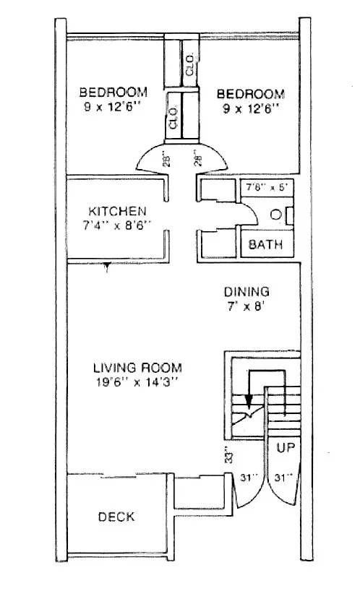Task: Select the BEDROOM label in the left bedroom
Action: [x=113, y=92]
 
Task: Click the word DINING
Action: [x=246, y=292]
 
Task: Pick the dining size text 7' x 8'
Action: [x=246, y=306]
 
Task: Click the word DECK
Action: [x=116, y=517]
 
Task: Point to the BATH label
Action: [x=266, y=245]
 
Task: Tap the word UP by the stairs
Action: [x=285, y=447]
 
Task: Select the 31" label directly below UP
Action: [x=285, y=478]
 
